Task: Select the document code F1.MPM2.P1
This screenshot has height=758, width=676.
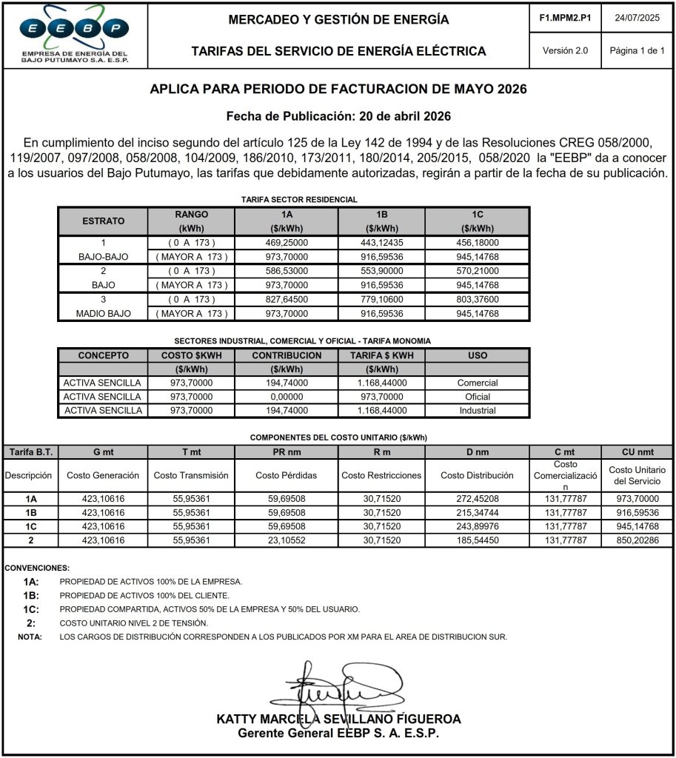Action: point(565,17)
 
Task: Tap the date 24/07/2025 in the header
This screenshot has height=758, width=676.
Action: point(637,17)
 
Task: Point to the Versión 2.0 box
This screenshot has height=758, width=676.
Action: point(565,51)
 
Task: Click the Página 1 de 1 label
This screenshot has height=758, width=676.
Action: point(637,51)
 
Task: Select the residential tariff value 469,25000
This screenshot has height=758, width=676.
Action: point(287,243)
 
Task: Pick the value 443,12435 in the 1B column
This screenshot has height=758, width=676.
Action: point(382,243)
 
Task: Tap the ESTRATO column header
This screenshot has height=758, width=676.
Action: point(103,221)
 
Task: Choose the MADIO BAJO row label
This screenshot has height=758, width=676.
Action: point(103,314)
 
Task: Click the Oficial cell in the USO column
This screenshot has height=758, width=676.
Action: point(478,397)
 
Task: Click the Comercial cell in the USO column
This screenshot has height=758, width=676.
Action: point(478,383)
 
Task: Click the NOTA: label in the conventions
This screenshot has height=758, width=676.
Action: point(30,637)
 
